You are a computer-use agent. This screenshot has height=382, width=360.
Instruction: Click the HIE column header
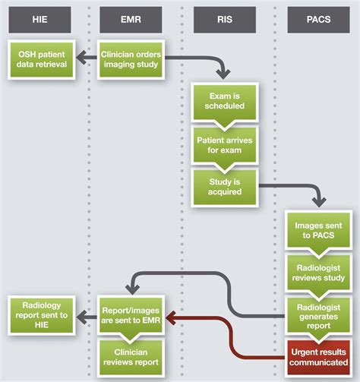point(39,20)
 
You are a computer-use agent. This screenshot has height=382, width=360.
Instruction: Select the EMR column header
point(131,20)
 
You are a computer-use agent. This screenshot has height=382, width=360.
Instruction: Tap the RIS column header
point(224,20)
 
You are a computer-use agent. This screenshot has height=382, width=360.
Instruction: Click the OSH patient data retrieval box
point(39,58)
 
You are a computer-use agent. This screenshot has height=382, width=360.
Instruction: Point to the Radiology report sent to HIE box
point(39,314)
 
